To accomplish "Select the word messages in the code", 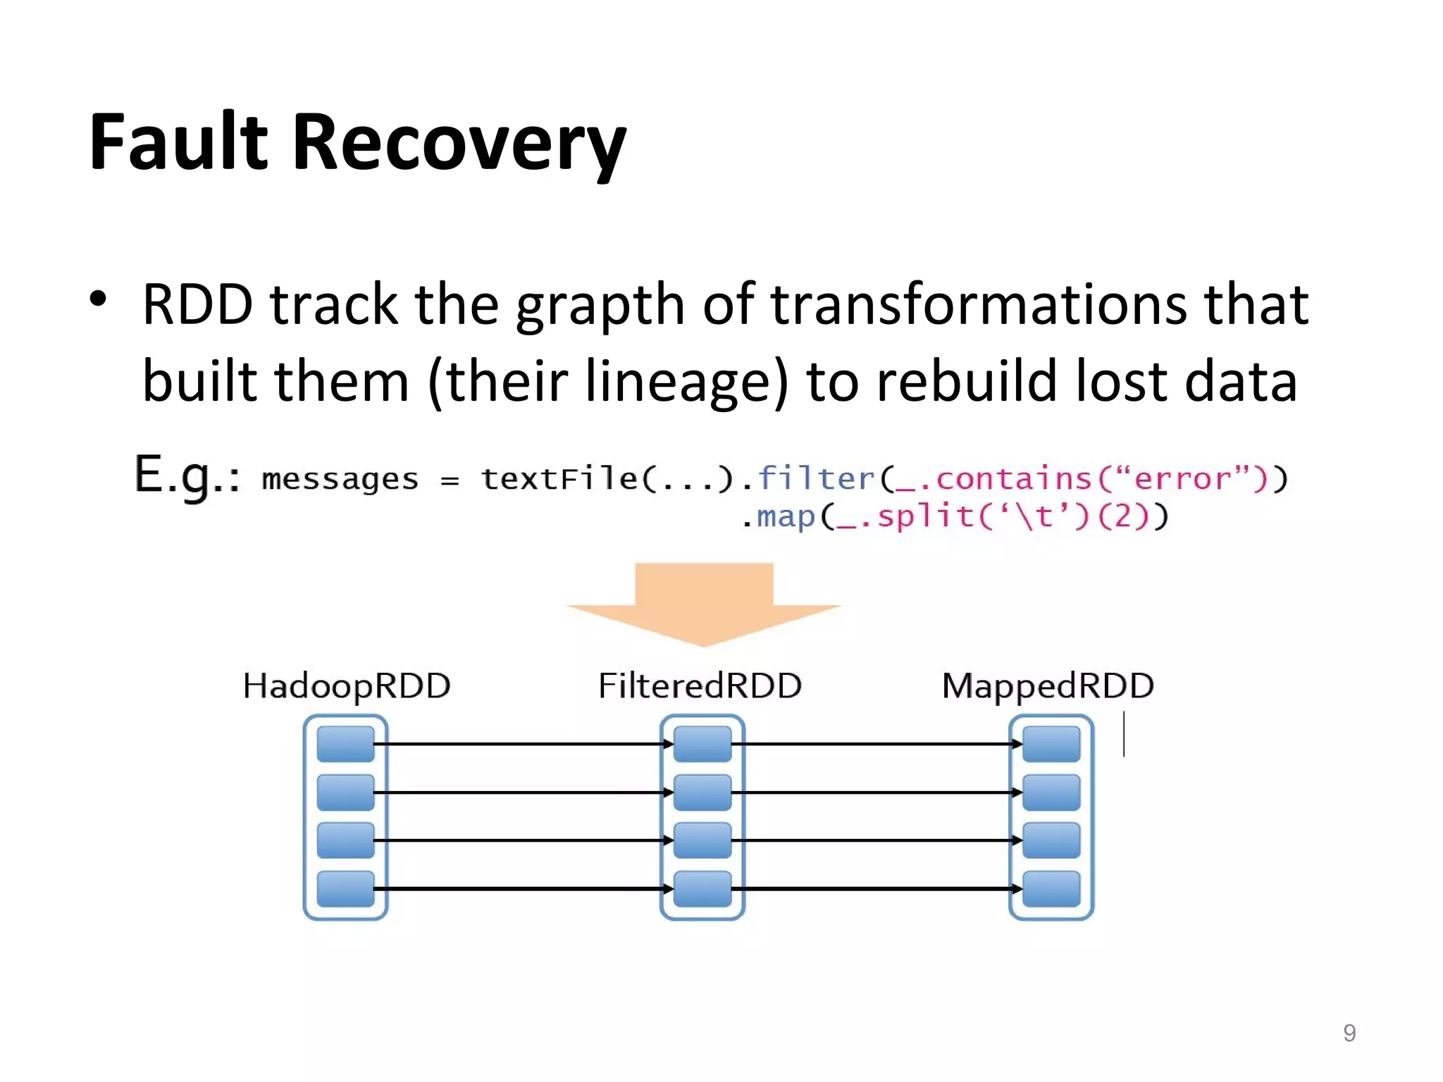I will coord(340,479).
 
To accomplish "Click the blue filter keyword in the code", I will coord(816,478).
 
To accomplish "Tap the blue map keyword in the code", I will coord(786,516).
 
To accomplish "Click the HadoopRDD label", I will coord(346,685).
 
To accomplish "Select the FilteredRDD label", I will coord(700,685).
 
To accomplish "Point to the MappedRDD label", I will coord(1048,685).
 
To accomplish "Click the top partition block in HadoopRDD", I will coord(345,744).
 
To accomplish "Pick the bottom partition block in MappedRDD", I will coord(1051,889).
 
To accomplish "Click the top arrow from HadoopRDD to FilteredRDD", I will coord(521,744).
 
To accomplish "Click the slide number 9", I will coord(1349,1033).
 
